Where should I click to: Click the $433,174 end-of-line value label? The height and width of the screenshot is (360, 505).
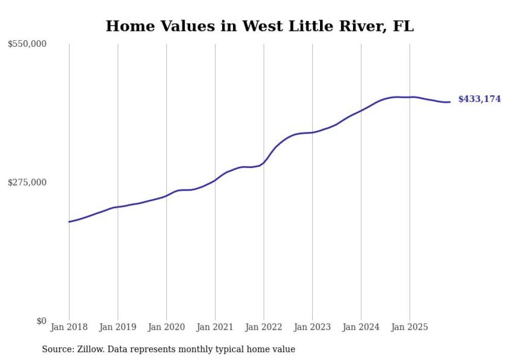[x=479, y=99]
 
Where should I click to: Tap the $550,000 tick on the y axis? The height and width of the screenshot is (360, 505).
[x=27, y=44]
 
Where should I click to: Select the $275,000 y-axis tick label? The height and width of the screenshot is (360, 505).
[x=27, y=182]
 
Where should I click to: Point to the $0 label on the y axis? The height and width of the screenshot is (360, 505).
[x=41, y=321]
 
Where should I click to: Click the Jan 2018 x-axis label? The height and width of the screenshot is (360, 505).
[x=69, y=327]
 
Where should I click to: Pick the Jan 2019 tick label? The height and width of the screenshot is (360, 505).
[x=117, y=327]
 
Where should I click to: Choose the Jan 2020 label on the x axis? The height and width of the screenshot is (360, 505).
[x=166, y=327]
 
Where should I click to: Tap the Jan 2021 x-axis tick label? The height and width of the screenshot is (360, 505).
[x=215, y=327]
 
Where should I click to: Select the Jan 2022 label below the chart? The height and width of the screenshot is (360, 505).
[x=264, y=327]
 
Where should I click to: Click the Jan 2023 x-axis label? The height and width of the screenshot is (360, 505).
[x=312, y=327]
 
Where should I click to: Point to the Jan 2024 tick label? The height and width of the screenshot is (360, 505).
[x=361, y=327]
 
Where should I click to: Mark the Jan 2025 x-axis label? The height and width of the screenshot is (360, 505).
[x=410, y=327]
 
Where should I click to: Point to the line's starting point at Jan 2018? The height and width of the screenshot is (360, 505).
[x=69, y=222]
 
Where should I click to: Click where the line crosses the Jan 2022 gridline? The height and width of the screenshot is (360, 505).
[x=264, y=163]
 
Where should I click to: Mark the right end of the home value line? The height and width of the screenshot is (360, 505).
[x=450, y=102]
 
